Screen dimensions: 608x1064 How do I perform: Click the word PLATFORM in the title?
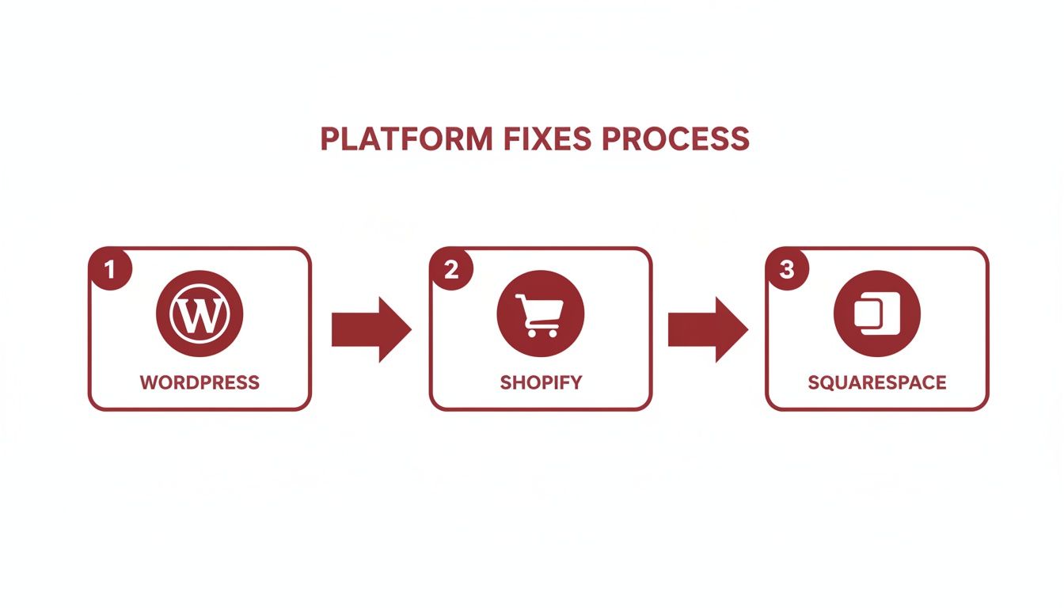[405, 139]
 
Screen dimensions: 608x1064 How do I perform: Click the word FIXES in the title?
[546, 139]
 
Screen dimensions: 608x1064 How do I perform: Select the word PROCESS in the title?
[675, 139]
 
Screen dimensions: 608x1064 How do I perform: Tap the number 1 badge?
[109, 269]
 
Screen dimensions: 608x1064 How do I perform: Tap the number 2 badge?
[451, 269]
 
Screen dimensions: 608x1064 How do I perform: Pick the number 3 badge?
[786, 269]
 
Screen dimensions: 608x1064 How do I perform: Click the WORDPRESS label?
[199, 383]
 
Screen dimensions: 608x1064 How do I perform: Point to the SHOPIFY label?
[541, 383]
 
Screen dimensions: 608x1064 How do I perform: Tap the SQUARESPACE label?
[876, 383]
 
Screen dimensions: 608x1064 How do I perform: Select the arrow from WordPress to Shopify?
[370, 329]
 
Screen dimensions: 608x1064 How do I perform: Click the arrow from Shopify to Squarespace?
[707, 329]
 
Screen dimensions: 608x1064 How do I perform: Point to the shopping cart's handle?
[519, 298]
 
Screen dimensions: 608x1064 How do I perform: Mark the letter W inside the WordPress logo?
[199, 316]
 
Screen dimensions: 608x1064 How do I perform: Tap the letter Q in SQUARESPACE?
[830, 383]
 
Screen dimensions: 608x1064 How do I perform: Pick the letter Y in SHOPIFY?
[576, 383]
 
